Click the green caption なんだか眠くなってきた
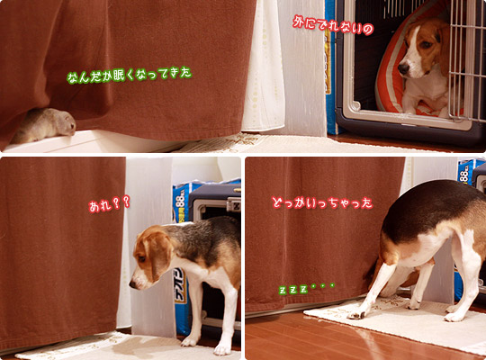130,76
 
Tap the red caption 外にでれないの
333,25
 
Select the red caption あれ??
109,204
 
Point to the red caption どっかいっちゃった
322,203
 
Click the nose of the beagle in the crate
403,68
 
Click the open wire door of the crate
467,58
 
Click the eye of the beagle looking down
141,257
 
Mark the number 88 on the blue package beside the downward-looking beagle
180,201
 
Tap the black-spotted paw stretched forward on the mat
356,315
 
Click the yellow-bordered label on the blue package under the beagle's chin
180,286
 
